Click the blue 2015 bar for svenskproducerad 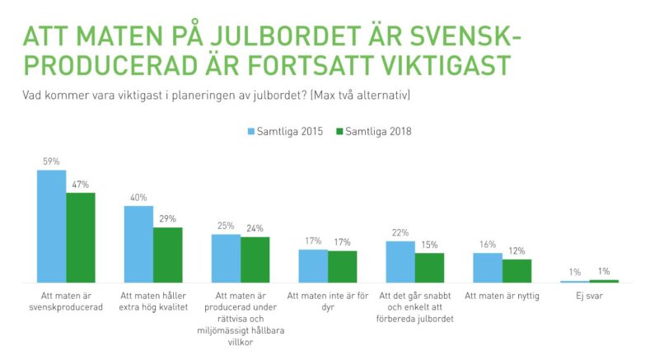pos(52,227)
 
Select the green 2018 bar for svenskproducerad pos(81,238)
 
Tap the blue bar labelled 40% pos(139,245)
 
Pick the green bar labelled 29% pos(168,255)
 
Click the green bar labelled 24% pos(255,260)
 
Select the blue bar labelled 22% pos(400,262)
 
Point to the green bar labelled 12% pos(516,271)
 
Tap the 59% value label pos(52,162)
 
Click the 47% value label pos(81,185)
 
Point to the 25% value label pos(227,226)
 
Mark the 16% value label pos(488,245)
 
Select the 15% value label pos(429,245)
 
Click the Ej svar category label pos(589,295)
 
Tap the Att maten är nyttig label pos(502,295)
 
